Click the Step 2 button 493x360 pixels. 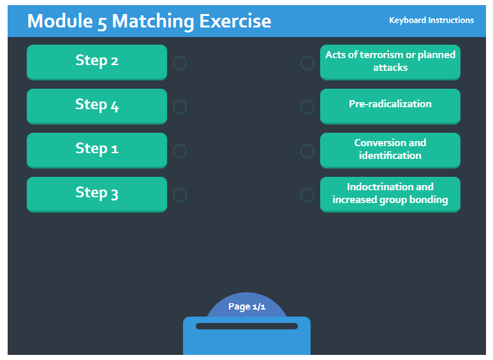97,62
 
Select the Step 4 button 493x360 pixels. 97,106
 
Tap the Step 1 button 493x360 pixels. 97,150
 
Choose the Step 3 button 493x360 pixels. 97,194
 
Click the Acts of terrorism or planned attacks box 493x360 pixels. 390,62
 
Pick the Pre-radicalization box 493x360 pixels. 390,106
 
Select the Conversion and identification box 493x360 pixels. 390,150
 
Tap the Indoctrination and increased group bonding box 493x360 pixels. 390,194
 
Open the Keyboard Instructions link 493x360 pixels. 431,20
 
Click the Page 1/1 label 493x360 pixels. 247,306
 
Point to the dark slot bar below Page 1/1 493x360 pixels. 247,326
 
